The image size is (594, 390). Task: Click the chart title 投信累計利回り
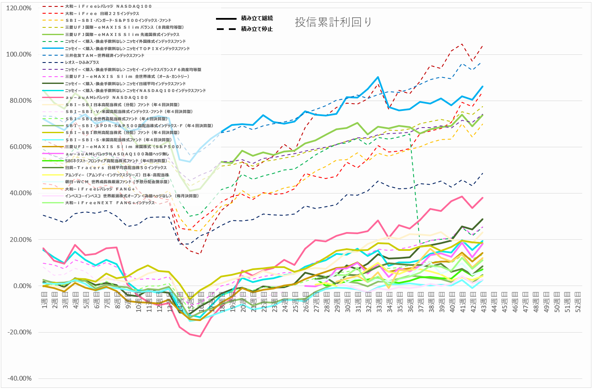(333, 23)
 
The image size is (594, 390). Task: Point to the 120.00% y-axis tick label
(19, 8)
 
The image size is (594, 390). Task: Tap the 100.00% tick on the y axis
(19, 54)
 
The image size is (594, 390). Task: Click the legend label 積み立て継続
(257, 18)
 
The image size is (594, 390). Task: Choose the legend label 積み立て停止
(257, 29)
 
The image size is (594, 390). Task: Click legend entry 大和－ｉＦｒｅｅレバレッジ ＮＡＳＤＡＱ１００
(108, 6)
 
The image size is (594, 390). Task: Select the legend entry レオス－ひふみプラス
(82, 63)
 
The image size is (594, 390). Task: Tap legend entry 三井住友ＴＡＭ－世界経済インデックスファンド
(105, 56)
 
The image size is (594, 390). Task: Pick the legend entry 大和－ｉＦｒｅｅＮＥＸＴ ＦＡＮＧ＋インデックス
(110, 203)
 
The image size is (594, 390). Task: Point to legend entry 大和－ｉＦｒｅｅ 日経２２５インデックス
(102, 14)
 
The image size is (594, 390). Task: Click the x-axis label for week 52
(577, 302)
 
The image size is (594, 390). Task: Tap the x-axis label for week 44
(494, 302)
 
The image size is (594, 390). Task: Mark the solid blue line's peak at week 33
(378, 77)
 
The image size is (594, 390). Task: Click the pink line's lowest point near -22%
(200, 336)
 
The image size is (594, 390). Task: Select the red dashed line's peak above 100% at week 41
(462, 44)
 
